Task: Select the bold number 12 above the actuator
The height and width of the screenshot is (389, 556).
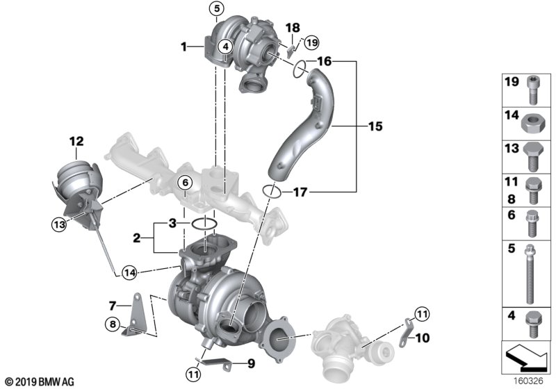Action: (x=76, y=141)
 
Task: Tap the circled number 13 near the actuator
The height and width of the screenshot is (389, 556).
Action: (x=59, y=224)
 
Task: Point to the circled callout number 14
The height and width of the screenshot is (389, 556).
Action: (x=129, y=273)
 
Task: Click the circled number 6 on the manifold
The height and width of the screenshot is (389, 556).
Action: (x=185, y=183)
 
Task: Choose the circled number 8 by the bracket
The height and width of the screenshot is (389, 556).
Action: (x=113, y=324)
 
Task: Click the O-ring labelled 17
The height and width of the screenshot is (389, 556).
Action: (x=272, y=191)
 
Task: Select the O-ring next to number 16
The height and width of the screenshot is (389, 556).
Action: (x=300, y=68)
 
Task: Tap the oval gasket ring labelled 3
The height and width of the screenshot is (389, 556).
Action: (x=204, y=224)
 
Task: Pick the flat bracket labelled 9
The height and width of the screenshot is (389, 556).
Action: (x=215, y=364)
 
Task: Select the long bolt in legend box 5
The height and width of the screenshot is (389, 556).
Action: (x=530, y=274)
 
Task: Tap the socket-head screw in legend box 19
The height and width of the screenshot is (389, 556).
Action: (x=532, y=90)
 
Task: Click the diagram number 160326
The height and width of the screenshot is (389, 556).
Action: (x=529, y=381)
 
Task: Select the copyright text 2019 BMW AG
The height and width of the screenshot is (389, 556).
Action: (x=40, y=382)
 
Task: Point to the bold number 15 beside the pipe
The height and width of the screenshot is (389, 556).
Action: (x=375, y=126)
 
